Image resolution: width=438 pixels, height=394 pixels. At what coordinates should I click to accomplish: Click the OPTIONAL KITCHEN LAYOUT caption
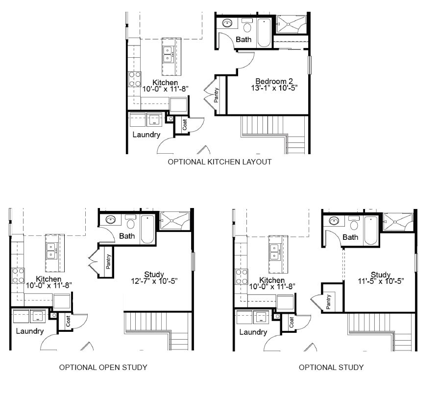coord(219,162)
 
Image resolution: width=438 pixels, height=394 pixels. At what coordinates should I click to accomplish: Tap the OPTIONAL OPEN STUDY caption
coord(103,367)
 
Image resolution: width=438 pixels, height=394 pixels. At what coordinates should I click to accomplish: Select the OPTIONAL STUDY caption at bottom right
coord(331,367)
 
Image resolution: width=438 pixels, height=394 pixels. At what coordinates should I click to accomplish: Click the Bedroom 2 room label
coord(274,81)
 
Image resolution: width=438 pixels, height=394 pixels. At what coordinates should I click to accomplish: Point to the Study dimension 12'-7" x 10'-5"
coord(154,281)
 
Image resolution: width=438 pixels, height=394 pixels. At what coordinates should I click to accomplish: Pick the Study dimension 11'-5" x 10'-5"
coord(381,281)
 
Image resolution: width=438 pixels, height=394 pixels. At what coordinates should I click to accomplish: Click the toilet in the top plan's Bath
coord(247,25)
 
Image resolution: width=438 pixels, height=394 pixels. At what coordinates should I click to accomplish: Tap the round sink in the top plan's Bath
coord(228,23)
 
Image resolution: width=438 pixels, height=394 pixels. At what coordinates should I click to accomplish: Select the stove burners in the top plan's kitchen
coord(135,79)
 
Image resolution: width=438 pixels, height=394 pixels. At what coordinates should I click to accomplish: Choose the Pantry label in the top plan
coord(216,95)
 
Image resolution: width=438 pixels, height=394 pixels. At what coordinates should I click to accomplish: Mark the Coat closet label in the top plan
coord(184,124)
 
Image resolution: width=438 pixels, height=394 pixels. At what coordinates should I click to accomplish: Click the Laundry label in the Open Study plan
coord(30,331)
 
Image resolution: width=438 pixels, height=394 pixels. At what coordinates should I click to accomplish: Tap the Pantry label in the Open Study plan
coord(108,262)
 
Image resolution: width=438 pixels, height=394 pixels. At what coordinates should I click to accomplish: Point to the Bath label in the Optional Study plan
coord(350,237)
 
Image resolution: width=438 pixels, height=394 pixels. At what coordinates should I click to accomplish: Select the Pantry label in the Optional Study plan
coord(328,302)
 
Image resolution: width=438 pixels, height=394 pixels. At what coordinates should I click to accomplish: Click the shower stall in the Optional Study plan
coord(398,222)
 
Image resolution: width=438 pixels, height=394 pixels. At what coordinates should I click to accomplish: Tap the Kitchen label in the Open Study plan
coord(49,279)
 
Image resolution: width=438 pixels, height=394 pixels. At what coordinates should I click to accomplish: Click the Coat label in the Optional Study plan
coord(292,322)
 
